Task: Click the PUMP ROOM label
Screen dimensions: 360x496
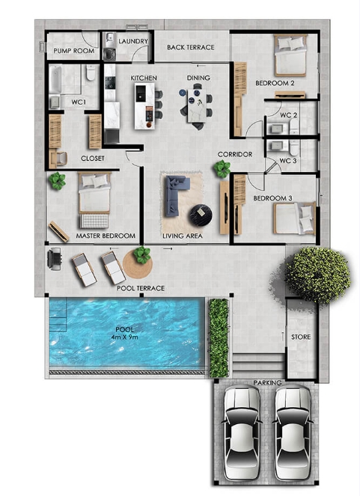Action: click(73, 51)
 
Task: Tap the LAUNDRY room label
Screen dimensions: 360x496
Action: click(133, 41)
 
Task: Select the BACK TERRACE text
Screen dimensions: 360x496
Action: click(191, 47)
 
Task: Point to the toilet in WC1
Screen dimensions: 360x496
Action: click(91, 72)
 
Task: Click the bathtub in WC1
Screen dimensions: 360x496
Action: click(55, 79)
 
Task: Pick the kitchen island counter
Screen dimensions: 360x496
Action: click(145, 106)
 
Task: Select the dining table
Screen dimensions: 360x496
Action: click(197, 105)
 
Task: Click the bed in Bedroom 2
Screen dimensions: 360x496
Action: click(290, 55)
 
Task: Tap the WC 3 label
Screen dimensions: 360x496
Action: click(288, 161)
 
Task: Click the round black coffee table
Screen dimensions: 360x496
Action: click(201, 215)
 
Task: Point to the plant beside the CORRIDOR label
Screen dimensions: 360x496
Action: click(222, 168)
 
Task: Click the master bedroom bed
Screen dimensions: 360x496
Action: click(94, 200)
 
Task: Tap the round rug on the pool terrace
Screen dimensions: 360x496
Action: click(138, 265)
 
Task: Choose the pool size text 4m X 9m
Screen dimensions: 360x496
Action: click(125, 337)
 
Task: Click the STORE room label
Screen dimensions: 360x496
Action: click(301, 337)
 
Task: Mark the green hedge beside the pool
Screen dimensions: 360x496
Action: click(219, 338)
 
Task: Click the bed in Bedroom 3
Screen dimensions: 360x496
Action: click(295, 218)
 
